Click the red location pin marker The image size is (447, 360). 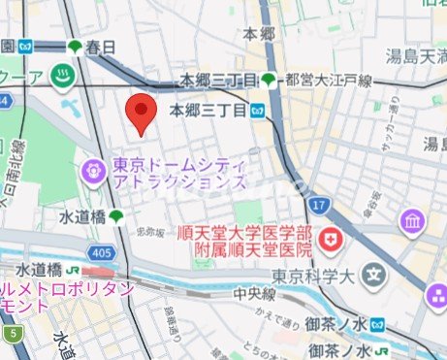[143, 113]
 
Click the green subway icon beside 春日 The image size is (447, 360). [76, 47]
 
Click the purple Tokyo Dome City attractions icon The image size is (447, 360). [94, 172]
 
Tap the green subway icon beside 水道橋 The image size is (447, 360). [116, 216]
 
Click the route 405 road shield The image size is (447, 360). [106, 252]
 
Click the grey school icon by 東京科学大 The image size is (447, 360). [371, 275]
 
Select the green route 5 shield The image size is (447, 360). [13, 335]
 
